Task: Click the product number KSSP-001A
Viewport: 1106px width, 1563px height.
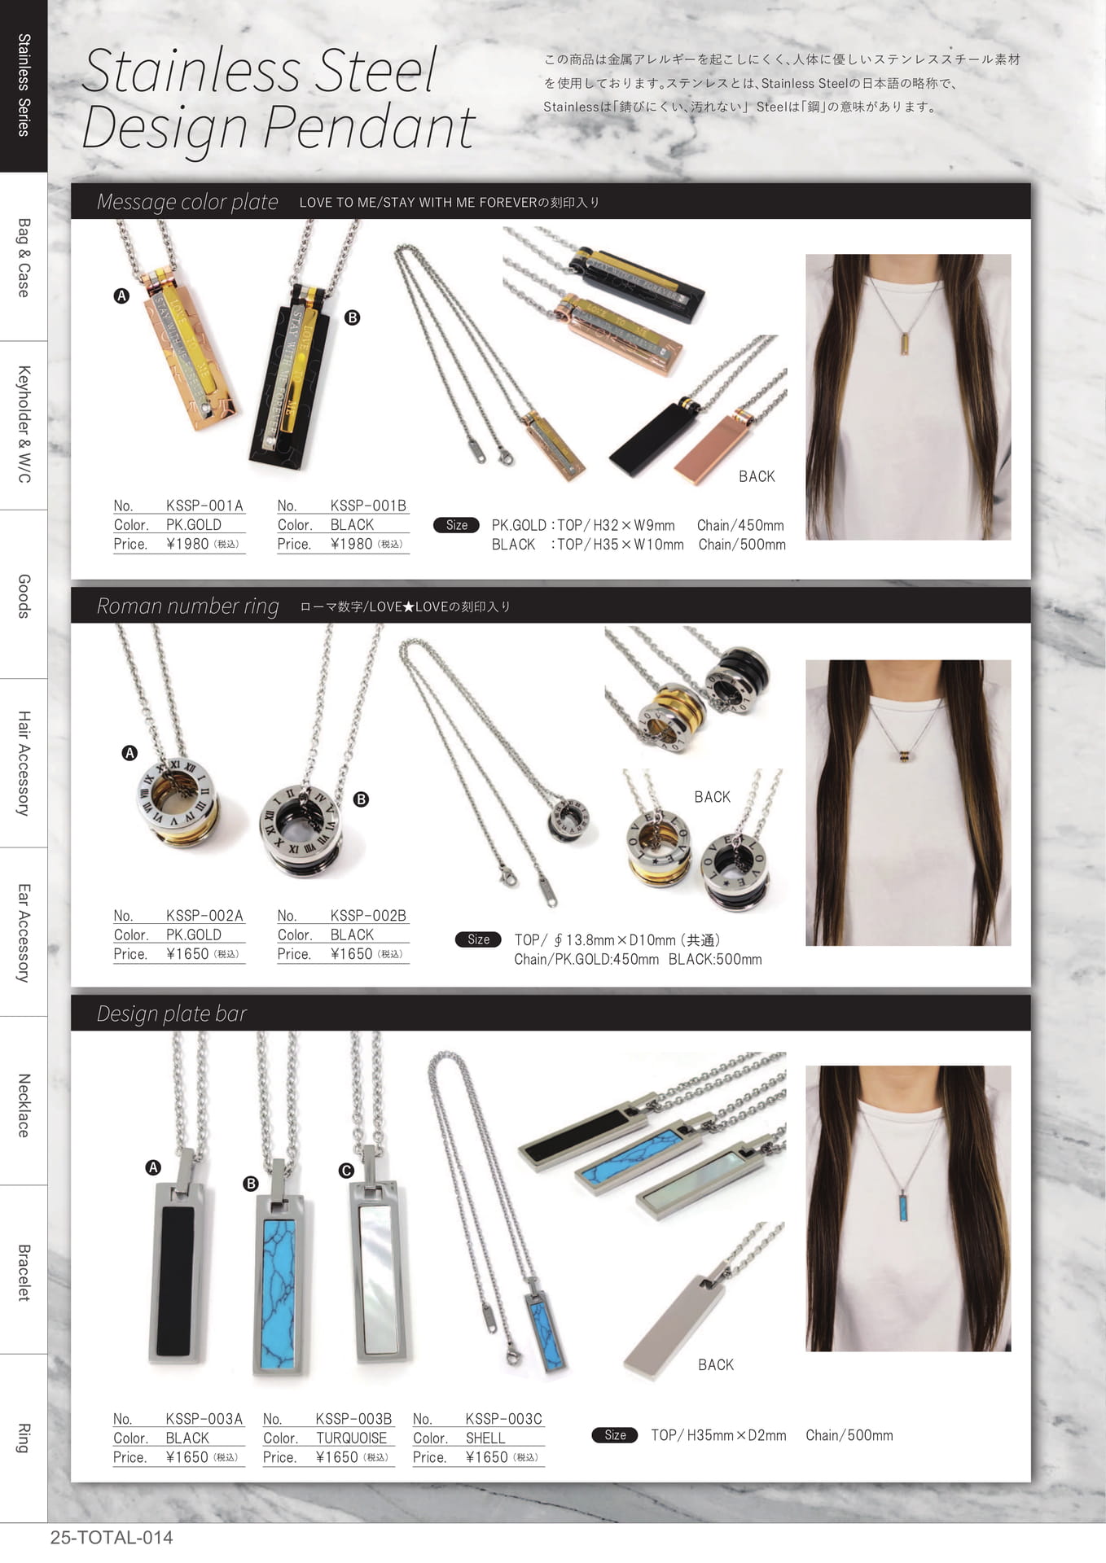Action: pyautogui.click(x=204, y=506)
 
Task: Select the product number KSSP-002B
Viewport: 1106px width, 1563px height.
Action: pyautogui.click(x=368, y=916)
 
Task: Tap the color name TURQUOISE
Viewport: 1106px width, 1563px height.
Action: pyautogui.click(x=352, y=1438)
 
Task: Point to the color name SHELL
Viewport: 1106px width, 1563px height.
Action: pyautogui.click(x=485, y=1438)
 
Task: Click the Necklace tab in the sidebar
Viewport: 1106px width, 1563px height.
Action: pyautogui.click(x=24, y=1105)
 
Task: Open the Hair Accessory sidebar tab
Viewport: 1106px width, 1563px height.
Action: pyautogui.click(x=24, y=764)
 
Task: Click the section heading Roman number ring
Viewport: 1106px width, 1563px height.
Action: pyautogui.click(x=187, y=606)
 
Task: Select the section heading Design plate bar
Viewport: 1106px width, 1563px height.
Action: pyautogui.click(x=172, y=1014)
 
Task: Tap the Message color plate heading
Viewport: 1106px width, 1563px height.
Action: pyautogui.click(x=187, y=202)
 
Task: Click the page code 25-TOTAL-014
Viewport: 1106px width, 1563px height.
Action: pyautogui.click(x=112, y=1538)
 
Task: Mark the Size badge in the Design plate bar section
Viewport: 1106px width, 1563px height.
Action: pyautogui.click(x=615, y=1435)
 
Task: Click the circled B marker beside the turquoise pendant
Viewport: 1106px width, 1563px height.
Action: pyautogui.click(x=251, y=1184)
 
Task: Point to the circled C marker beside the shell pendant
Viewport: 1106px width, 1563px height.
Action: pyautogui.click(x=346, y=1171)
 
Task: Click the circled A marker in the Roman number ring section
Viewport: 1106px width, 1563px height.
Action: pyautogui.click(x=129, y=753)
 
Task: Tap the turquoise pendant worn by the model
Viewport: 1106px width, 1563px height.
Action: pyautogui.click(x=904, y=1206)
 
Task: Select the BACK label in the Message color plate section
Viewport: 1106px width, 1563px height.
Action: pyautogui.click(x=757, y=477)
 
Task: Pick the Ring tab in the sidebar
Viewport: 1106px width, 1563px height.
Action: pyautogui.click(x=24, y=1438)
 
